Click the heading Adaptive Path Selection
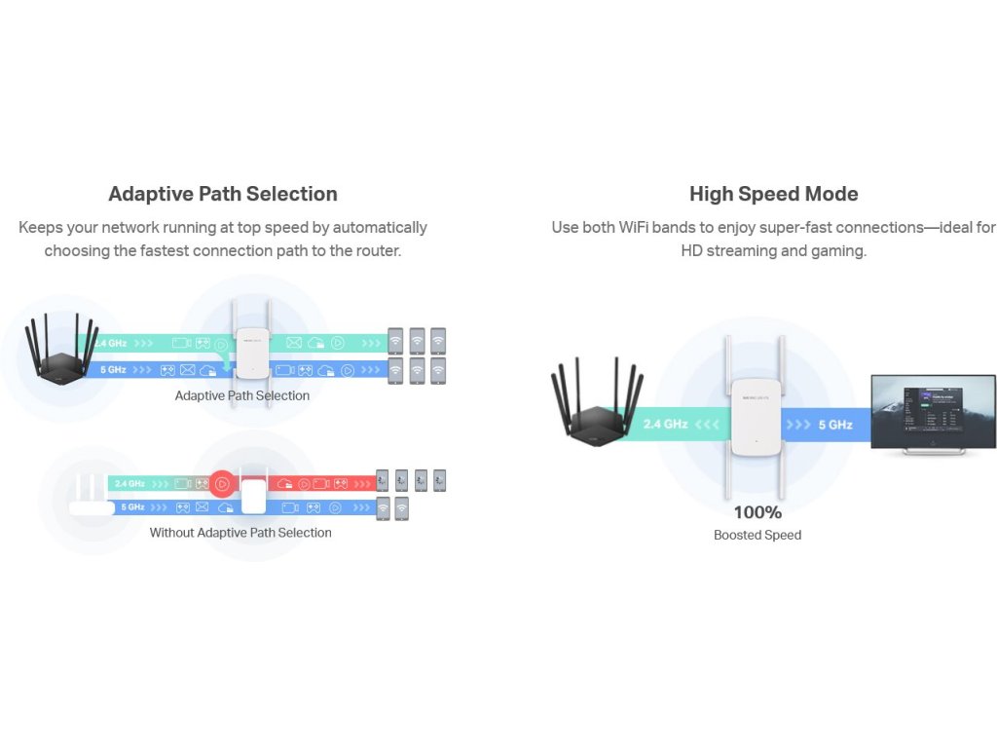(x=223, y=194)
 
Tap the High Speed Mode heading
(x=773, y=194)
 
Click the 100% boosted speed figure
(x=757, y=512)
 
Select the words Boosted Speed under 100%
(x=757, y=535)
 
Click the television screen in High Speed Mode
(x=932, y=411)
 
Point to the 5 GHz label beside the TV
(x=834, y=425)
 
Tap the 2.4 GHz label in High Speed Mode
(x=666, y=425)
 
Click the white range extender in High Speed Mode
(x=755, y=414)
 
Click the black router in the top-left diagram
(x=61, y=354)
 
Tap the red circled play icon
(x=223, y=483)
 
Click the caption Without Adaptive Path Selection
(x=240, y=533)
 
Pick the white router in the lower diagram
(x=90, y=496)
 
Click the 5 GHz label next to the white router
(x=132, y=507)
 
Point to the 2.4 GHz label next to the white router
(x=129, y=483)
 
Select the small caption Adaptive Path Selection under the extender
(x=242, y=395)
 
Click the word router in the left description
(x=375, y=250)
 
